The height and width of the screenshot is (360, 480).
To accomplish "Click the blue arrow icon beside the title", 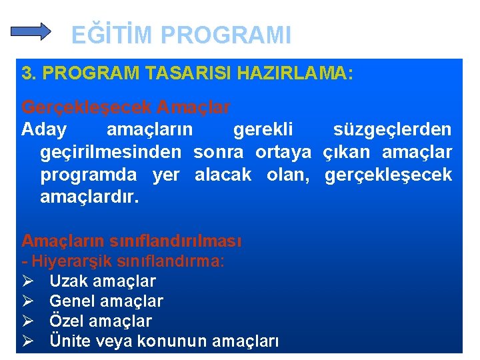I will coord(32,31).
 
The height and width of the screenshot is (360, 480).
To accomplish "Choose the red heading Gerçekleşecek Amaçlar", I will coord(126,107).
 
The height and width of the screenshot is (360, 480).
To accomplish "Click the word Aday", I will coord(44,129).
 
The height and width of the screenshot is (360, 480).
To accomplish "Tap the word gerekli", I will coord(263,129).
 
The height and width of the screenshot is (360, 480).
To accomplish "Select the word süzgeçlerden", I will coord(392,129).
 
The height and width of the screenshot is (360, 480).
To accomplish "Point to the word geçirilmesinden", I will coord(111,152).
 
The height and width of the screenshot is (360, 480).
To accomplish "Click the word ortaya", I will coord(283,152).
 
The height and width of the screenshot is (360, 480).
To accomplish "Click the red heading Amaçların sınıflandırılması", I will coord(131,240).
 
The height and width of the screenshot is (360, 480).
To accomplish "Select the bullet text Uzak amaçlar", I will coord(103,281).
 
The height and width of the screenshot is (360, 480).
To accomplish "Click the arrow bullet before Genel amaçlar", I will coord(28,301).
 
